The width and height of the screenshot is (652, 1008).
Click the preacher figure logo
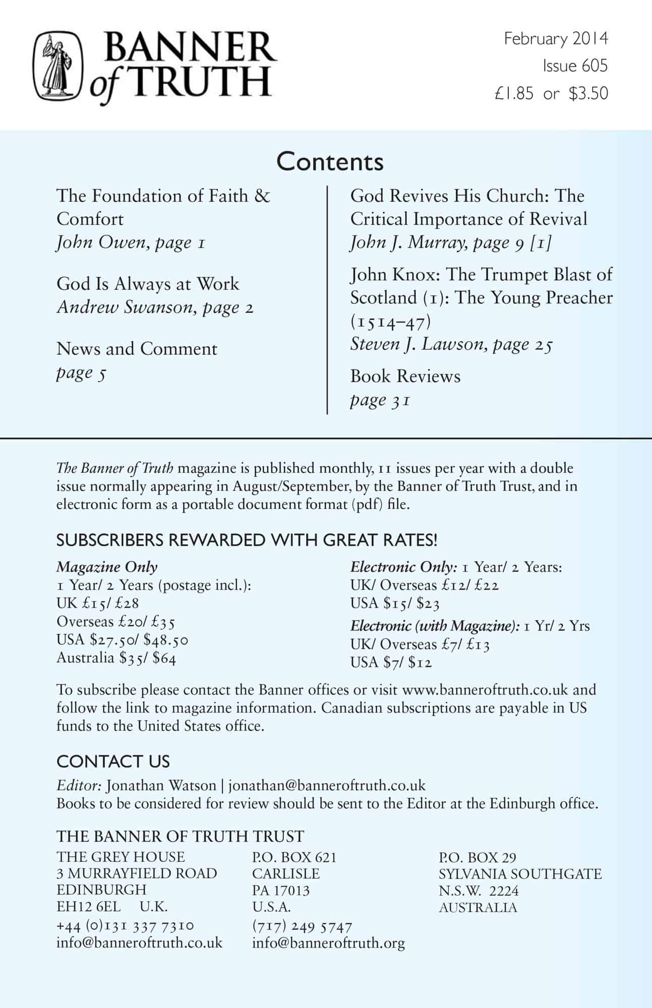click(x=57, y=66)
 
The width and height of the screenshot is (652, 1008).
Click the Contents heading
click(x=330, y=162)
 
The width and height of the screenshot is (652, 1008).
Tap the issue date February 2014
click(x=556, y=39)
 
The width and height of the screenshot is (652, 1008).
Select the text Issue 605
click(x=575, y=66)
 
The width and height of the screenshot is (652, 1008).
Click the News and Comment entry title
click(x=137, y=349)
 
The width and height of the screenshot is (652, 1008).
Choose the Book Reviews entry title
click(x=405, y=376)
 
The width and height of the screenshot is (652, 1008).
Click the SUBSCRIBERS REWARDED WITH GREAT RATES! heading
click(x=247, y=540)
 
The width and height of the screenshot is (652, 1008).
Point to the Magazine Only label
click(x=107, y=567)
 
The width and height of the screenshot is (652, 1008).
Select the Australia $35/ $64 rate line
click(x=116, y=658)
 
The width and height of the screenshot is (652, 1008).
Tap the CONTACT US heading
click(x=113, y=761)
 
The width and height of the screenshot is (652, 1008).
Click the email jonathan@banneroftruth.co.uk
click(x=327, y=786)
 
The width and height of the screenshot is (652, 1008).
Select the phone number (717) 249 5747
click(x=302, y=926)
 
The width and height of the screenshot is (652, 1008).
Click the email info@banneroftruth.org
click(x=328, y=943)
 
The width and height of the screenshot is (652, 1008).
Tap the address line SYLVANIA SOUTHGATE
click(x=520, y=873)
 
